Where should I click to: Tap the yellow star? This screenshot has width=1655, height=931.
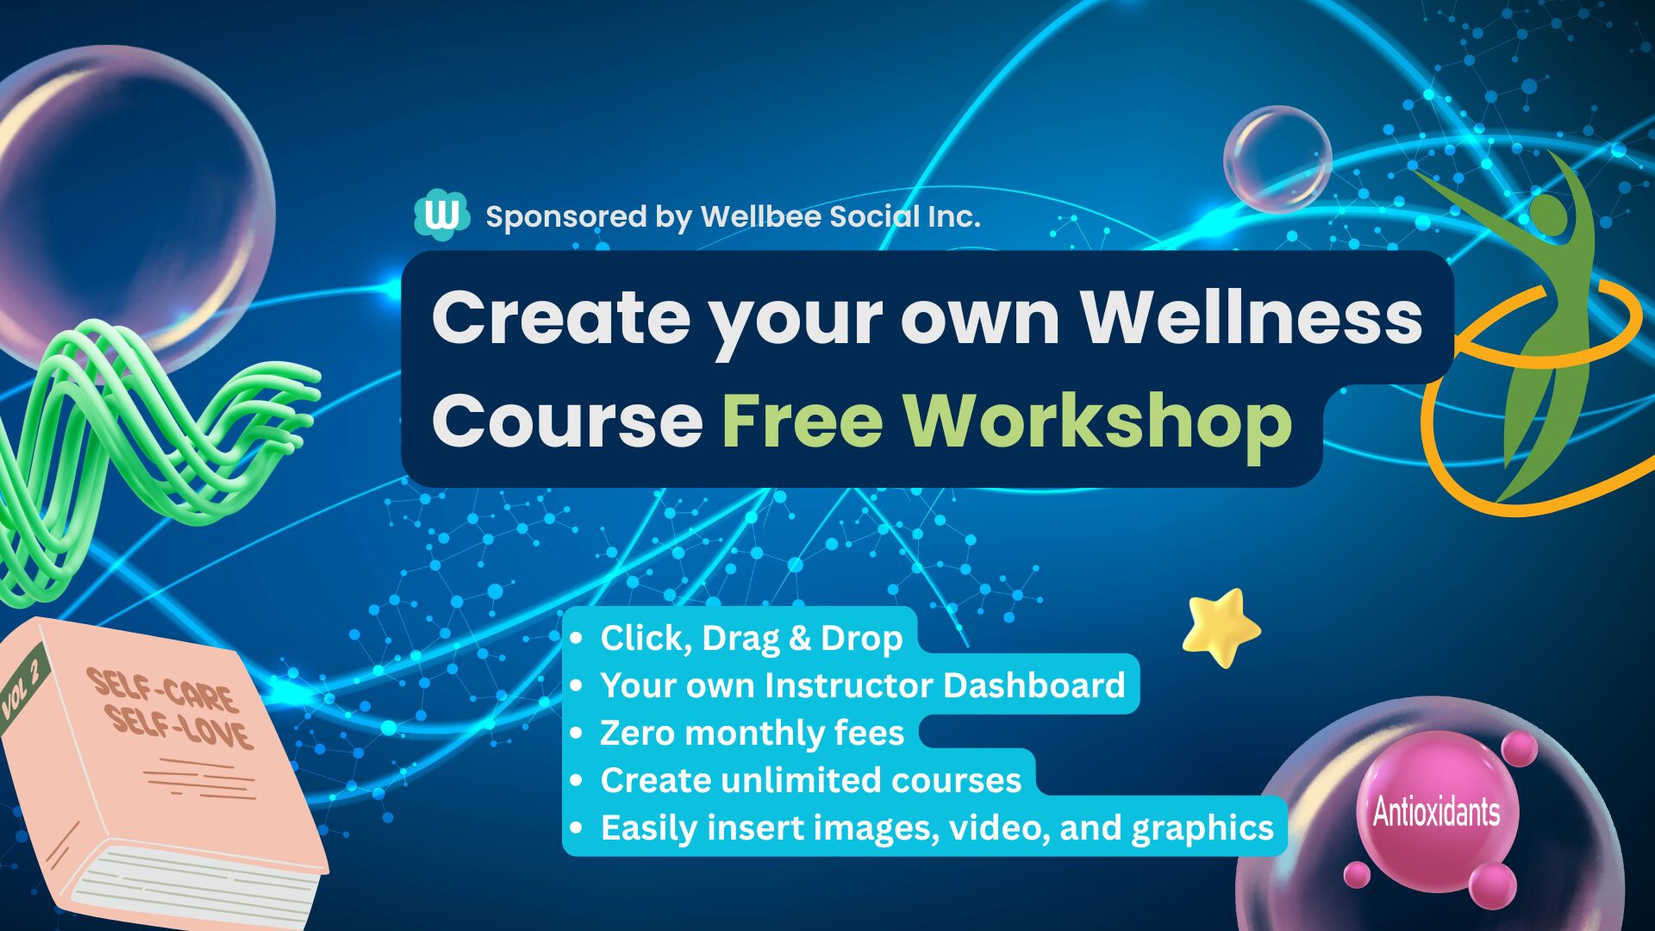tap(1221, 627)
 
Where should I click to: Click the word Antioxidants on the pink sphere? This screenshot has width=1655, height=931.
tap(1436, 812)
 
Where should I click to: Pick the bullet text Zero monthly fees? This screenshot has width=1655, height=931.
tap(752, 733)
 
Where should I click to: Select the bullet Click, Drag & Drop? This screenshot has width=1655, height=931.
tap(751, 639)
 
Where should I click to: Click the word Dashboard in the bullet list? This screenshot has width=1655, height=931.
tap(1034, 685)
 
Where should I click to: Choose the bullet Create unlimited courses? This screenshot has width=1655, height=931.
tap(810, 780)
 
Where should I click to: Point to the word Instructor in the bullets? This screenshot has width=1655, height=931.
tap(848, 685)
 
